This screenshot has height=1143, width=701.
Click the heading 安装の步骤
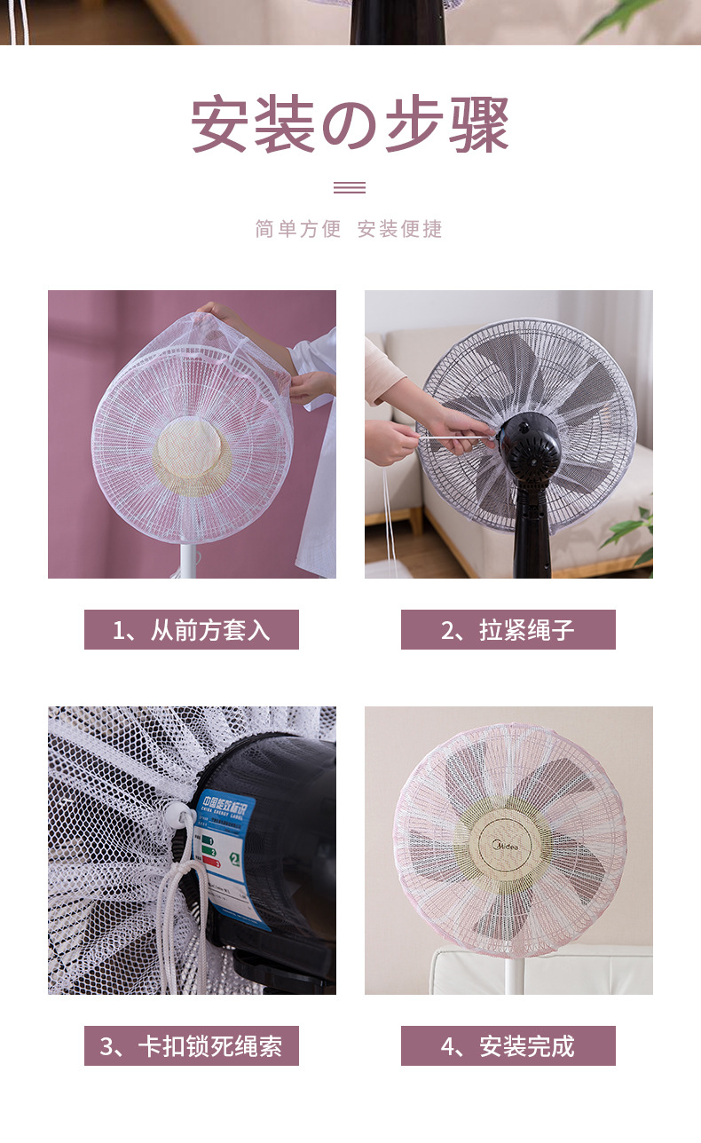[x=350, y=125]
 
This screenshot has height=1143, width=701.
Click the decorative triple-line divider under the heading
[x=350, y=187]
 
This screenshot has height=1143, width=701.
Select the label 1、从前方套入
[x=192, y=630]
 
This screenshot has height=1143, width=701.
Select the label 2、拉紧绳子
[x=508, y=630]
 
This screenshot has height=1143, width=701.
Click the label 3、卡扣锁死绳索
[x=192, y=1046]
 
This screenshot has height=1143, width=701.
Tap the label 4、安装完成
[x=508, y=1046]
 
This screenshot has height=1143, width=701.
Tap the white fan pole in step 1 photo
[x=187, y=559]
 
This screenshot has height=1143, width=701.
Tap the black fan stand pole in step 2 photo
[x=531, y=532]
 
